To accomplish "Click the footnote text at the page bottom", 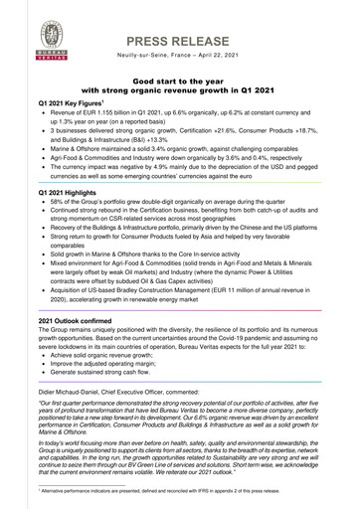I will (x=179, y=491).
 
